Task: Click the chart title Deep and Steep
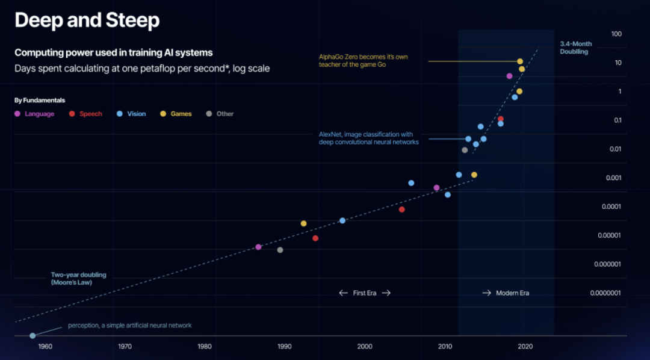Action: point(87,20)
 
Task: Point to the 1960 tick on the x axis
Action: point(45,346)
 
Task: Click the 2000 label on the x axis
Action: point(364,346)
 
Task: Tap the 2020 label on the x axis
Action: point(525,346)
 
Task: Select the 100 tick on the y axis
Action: point(616,34)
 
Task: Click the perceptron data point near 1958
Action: point(32,335)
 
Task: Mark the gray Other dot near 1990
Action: point(280,250)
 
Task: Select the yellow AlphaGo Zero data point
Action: point(520,61)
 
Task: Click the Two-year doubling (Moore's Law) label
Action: point(78,278)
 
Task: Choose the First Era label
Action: point(365,293)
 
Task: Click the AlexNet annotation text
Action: point(368,138)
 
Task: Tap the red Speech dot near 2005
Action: point(401,209)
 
